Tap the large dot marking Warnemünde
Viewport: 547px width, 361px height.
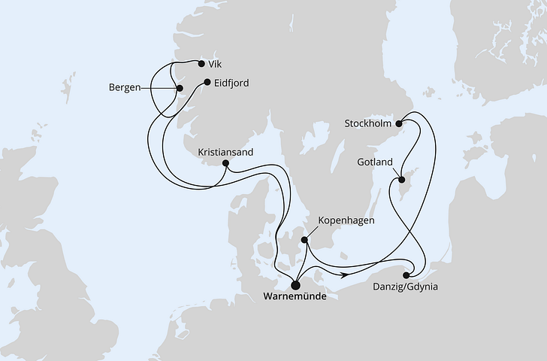pyautogui.click(x=295, y=284)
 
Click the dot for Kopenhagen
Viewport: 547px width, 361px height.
pyautogui.click(x=304, y=240)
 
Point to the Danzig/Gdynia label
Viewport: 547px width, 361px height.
pyautogui.click(x=406, y=287)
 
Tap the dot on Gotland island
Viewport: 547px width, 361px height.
pyautogui.click(x=401, y=180)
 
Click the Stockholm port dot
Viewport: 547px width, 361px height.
pyautogui.click(x=400, y=123)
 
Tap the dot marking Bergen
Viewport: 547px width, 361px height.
pyautogui.click(x=179, y=89)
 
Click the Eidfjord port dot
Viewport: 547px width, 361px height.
pyautogui.click(x=207, y=82)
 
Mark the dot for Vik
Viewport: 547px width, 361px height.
pyautogui.click(x=201, y=64)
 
